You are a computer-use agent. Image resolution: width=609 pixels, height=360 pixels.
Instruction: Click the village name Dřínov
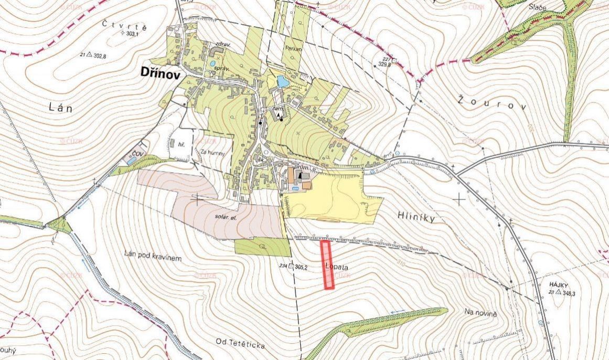pyautogui.click(x=160, y=73)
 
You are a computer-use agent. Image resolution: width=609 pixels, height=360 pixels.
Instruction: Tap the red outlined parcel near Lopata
pyautogui.click(x=327, y=264)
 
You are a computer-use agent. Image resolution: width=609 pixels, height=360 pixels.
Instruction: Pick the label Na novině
pyautogui.click(x=480, y=312)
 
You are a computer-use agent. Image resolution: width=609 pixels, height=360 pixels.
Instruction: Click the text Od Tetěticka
pyautogui.click(x=240, y=343)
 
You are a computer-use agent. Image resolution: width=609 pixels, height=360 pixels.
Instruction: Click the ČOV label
pyautogui.click(x=138, y=153)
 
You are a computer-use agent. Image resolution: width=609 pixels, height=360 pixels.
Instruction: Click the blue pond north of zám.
pyautogui.click(x=283, y=82)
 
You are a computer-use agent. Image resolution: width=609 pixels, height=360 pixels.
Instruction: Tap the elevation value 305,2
pyautogui.click(x=301, y=267)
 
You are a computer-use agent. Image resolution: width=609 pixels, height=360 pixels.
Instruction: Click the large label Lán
pyautogui.click(x=59, y=108)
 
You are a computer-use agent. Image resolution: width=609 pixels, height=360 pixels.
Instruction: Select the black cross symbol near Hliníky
pyautogui.click(x=460, y=199)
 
